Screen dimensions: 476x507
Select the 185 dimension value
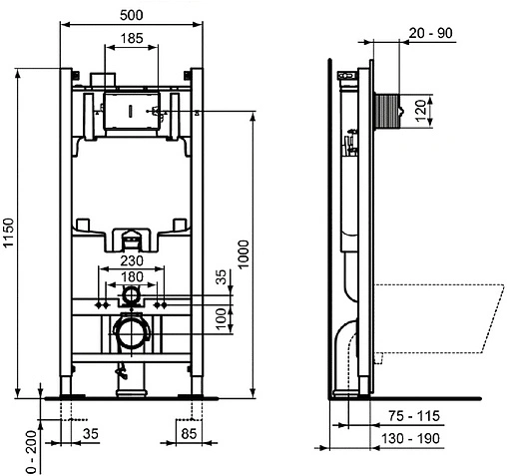coord(131,40)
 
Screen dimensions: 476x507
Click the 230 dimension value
coord(132,261)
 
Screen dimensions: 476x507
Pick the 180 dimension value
coord(132,276)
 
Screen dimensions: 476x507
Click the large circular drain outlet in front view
coord(130,332)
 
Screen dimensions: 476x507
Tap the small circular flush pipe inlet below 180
coord(131,296)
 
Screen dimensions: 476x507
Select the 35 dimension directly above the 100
coord(222,276)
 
